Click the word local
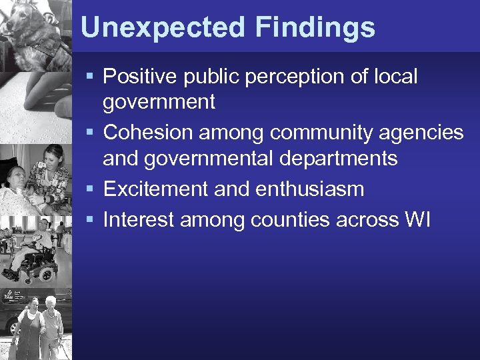coord(396,76)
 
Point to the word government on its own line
coord(159,103)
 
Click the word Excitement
coord(155,189)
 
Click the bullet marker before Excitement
coord(92,190)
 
